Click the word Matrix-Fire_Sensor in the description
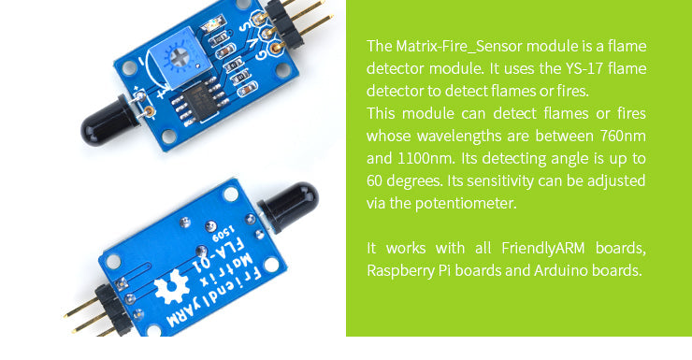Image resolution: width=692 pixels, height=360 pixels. pos(450,46)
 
